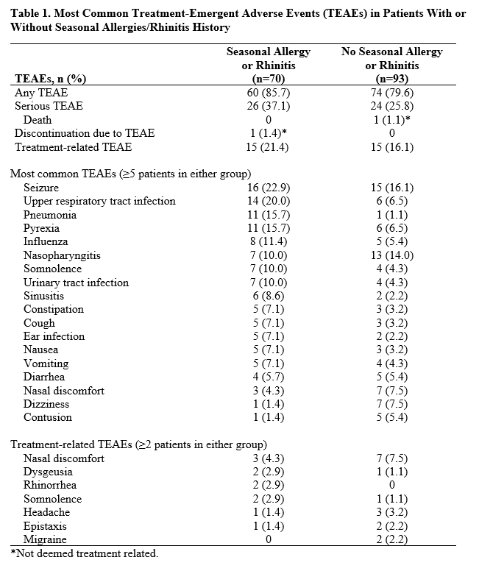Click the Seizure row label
pyautogui.click(x=41, y=188)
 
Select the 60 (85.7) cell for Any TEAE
pyautogui.click(x=268, y=93)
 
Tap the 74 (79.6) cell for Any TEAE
pyautogui.click(x=391, y=93)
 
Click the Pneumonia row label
pyautogui.click(x=50, y=215)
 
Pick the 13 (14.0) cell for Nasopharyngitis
pyautogui.click(x=391, y=255)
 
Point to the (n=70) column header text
pyautogui.click(x=268, y=79)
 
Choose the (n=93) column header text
pyautogui.click(x=391, y=79)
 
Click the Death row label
pyautogui.click(x=38, y=120)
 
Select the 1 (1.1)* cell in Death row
pyautogui.click(x=391, y=120)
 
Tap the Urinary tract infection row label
pyautogui.click(x=76, y=283)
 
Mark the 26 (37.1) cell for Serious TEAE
pyautogui.click(x=268, y=106)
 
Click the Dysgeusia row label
pyautogui.click(x=48, y=472)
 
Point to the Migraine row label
pyautogui.click(x=45, y=539)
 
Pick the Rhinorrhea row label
pyautogui.click(x=50, y=486)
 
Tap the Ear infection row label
pyautogui.click(x=54, y=336)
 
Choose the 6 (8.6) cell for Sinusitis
pyautogui.click(x=268, y=296)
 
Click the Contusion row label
pyautogui.click(x=48, y=417)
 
